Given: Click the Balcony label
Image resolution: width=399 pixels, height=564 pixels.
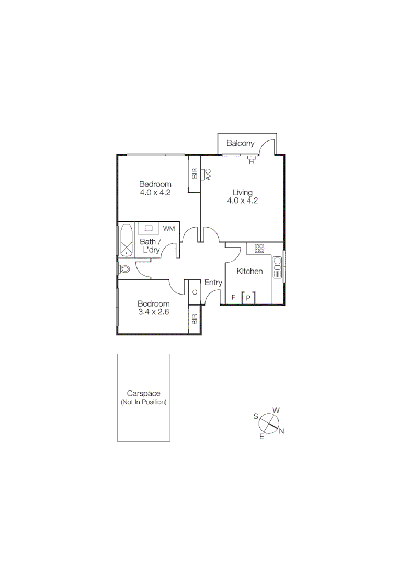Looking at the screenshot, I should [x=241, y=143].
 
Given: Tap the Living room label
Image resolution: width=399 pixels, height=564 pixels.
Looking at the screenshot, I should [x=243, y=192].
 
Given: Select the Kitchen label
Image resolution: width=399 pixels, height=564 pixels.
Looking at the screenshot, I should [x=249, y=272].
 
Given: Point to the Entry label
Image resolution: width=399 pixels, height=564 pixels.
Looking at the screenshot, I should [x=213, y=283].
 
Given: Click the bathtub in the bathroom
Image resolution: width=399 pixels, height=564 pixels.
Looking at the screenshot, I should [x=126, y=240].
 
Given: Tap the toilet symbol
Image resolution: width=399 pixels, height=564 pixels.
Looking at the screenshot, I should [x=124, y=269].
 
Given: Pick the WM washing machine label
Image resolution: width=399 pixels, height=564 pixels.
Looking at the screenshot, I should [x=168, y=229].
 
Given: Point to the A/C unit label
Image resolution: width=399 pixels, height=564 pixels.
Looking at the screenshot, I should [x=208, y=174].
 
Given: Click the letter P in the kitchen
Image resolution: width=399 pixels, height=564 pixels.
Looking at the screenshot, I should [x=248, y=298].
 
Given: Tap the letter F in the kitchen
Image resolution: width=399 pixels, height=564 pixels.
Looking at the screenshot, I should [x=234, y=298].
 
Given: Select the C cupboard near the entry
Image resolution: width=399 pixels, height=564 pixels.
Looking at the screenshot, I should [x=195, y=292].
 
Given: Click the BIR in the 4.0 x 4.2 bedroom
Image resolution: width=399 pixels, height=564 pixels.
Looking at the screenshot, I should [x=195, y=174].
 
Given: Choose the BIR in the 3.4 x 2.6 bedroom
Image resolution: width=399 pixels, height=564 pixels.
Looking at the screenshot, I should [x=195, y=319].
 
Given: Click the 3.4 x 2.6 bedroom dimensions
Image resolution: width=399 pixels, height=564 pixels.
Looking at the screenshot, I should [x=153, y=312].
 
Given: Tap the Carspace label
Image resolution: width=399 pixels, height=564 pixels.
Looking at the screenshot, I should [x=143, y=394].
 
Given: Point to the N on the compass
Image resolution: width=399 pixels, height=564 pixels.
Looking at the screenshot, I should [x=281, y=431].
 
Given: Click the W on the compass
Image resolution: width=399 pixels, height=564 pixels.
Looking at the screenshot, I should [x=276, y=410].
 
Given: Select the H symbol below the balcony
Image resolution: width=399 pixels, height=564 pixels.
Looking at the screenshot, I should [x=251, y=162].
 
